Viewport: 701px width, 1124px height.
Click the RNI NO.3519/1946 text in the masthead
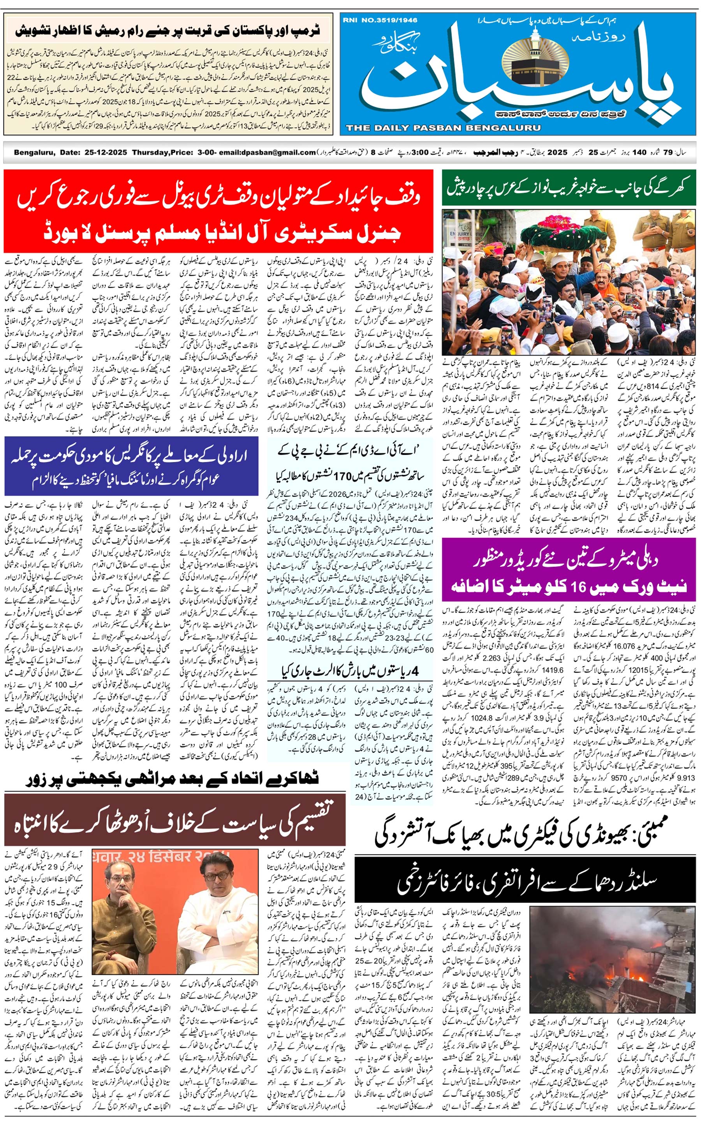380,20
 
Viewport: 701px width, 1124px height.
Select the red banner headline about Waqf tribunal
218,212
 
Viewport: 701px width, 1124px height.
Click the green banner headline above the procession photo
569,188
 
